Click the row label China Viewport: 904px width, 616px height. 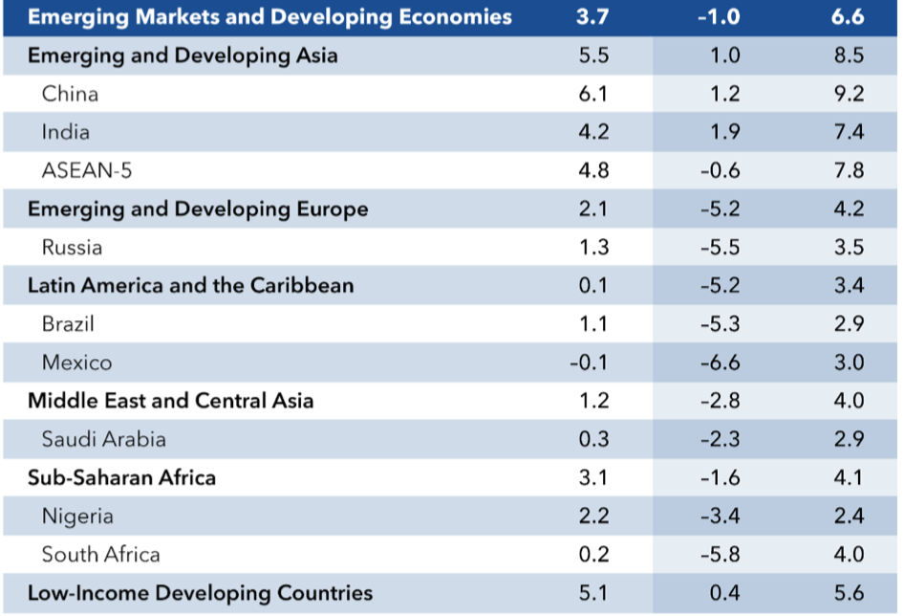[70, 94]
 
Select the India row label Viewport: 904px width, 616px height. [66, 132]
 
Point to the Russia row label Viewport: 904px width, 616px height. [72, 248]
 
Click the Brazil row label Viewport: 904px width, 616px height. [69, 324]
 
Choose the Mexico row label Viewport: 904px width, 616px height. [76, 363]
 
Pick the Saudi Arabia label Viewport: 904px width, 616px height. [103, 439]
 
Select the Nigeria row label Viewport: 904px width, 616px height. [77, 517]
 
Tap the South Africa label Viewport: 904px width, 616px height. [101, 555]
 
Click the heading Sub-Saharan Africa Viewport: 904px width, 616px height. [121, 477]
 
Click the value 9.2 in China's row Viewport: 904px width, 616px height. [849, 94]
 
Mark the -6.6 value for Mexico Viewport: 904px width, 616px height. [720, 363]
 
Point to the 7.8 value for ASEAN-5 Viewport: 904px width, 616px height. [849, 170]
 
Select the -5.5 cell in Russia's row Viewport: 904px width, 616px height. [720, 248]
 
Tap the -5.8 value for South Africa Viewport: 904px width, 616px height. [720, 555]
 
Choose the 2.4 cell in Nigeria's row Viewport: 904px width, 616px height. [849, 517]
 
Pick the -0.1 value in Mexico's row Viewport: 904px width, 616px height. [589, 363]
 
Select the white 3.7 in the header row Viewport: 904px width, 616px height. [593, 17]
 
